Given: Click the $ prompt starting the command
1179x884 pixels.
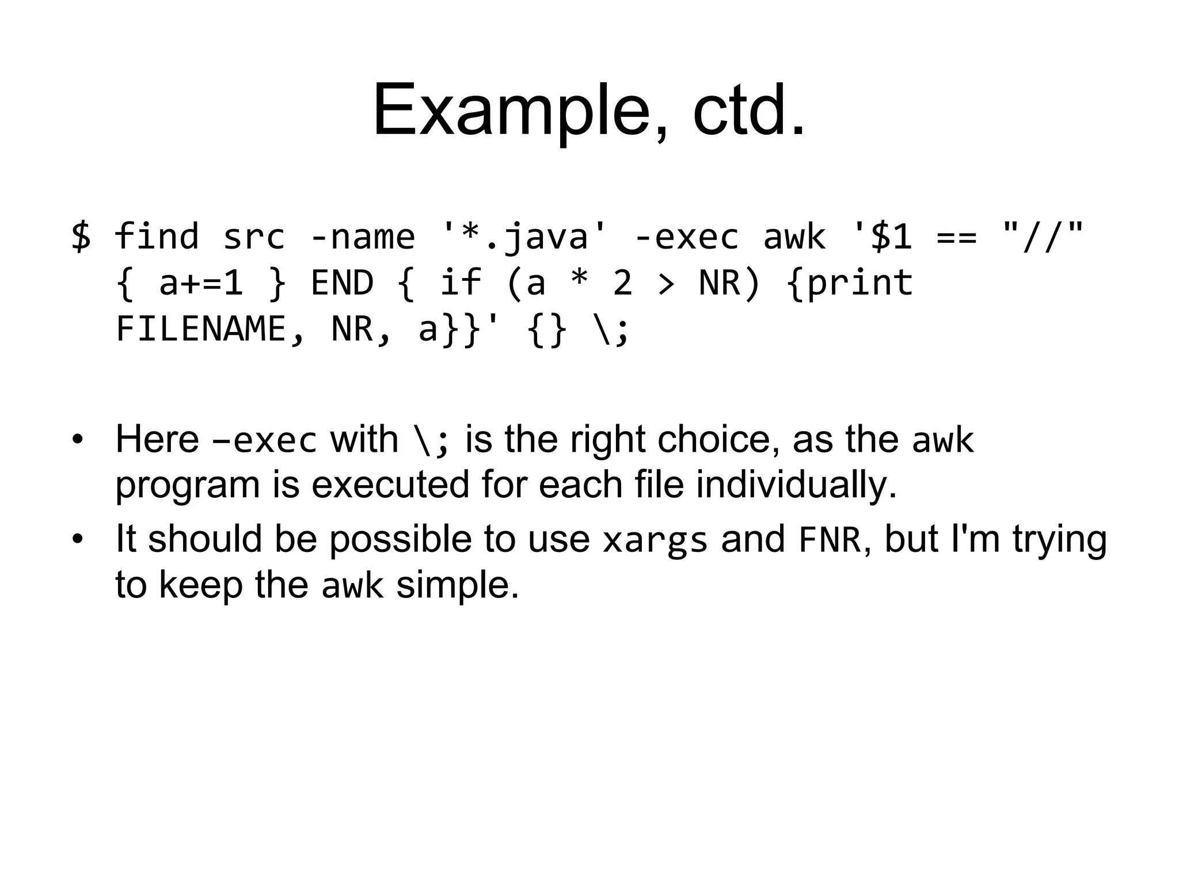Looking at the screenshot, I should pyautogui.click(x=81, y=236).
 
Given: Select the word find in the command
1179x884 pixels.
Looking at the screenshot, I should pyautogui.click(x=157, y=236).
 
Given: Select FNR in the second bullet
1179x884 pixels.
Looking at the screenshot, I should pyautogui.click(x=829, y=540).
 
